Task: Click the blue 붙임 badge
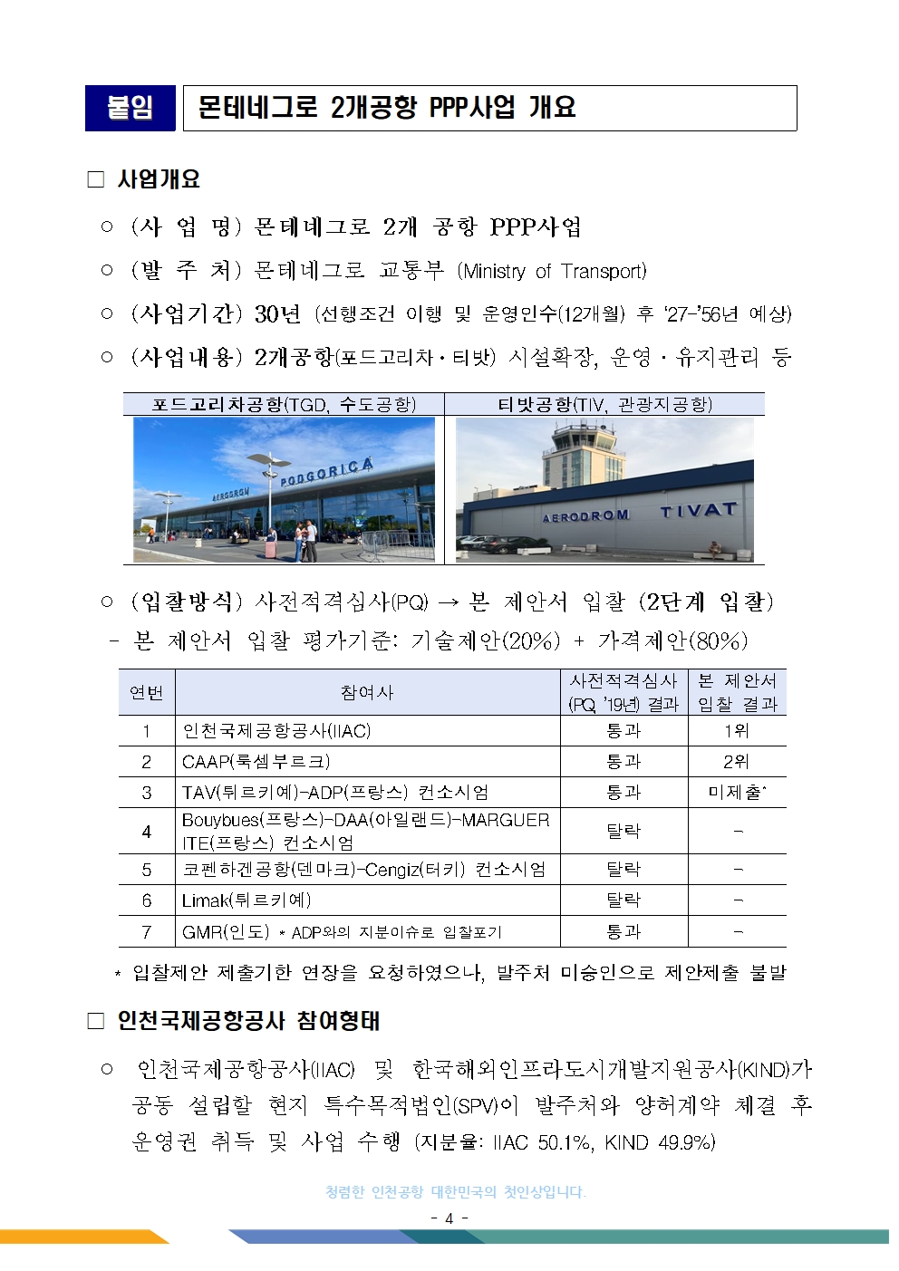[x=130, y=108]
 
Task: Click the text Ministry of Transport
[x=552, y=271]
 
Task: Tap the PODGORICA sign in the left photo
[x=326, y=471]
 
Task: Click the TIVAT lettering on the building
[x=698, y=511]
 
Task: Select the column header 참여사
[x=367, y=693]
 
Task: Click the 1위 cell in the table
[x=736, y=731]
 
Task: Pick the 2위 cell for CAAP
[x=736, y=762]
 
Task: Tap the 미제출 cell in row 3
[x=736, y=793]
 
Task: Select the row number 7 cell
[x=147, y=931]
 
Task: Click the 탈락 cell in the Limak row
[x=623, y=900]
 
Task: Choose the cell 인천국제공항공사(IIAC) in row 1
[x=276, y=731]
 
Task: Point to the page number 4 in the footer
[x=449, y=1218]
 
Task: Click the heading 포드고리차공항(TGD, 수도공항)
[x=284, y=404]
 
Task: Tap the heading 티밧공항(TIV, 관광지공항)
[x=604, y=404]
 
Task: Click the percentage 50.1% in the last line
[x=565, y=1142]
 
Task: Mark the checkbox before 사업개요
[x=96, y=179]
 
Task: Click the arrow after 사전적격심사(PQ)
[x=448, y=602]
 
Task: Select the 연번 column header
[x=147, y=693]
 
